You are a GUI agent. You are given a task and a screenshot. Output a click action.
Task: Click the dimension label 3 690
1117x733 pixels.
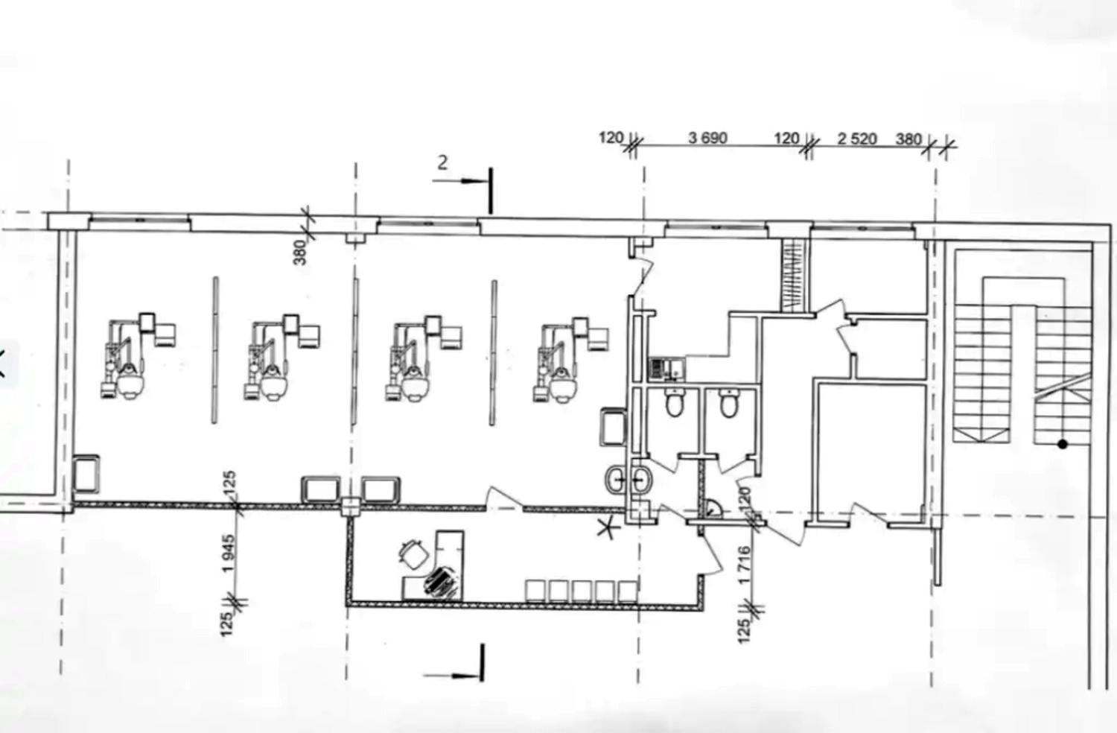point(707,138)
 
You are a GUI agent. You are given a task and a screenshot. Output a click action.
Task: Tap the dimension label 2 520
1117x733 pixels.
point(856,139)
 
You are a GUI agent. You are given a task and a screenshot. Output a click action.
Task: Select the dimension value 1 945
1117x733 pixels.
point(229,553)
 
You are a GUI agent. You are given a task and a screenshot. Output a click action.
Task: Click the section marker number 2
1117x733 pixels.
point(442,162)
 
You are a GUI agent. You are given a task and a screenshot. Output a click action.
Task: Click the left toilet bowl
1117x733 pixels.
point(674,402)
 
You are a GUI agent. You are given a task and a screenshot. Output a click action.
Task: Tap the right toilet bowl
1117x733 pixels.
point(729,403)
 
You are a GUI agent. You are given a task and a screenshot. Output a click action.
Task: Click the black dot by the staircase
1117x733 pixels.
point(1062,443)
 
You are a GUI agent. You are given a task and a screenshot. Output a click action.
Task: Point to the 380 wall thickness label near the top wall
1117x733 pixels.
point(300,253)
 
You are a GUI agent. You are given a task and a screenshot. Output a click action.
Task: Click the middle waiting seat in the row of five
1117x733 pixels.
point(582,591)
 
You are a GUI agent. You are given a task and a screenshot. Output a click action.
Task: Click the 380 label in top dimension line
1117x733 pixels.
point(908,139)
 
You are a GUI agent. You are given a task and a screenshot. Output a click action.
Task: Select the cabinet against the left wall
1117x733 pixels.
point(86,473)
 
